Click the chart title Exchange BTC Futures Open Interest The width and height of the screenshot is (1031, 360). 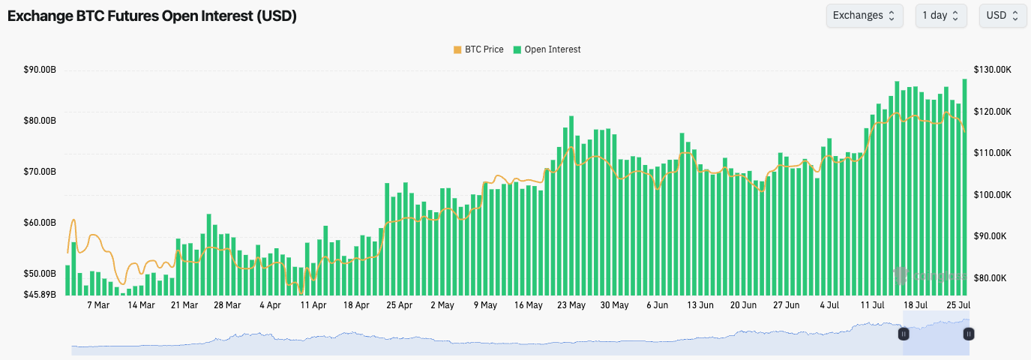tap(152, 16)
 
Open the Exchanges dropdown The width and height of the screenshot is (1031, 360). tap(865, 15)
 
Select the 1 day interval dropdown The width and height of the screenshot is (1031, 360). tap(940, 15)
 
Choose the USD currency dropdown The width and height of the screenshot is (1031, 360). tap(1003, 15)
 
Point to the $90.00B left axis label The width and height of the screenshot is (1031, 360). tap(40, 70)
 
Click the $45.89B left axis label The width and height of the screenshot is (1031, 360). tap(40, 294)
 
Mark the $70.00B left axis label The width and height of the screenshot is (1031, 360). tap(40, 172)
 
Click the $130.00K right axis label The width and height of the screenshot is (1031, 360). tap(993, 70)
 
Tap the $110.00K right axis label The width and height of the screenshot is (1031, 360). tap(993, 153)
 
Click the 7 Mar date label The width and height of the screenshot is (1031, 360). tap(98, 305)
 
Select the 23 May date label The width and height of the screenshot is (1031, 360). tap(572, 305)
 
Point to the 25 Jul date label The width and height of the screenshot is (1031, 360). tap(959, 305)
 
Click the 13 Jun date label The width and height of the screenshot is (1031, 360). tap(700, 305)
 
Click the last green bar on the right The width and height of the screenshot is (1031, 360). tap(964, 187)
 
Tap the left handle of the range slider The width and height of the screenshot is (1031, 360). tap(904, 333)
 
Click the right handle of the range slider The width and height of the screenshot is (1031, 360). tap(969, 333)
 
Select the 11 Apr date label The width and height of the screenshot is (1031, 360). tap(313, 305)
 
